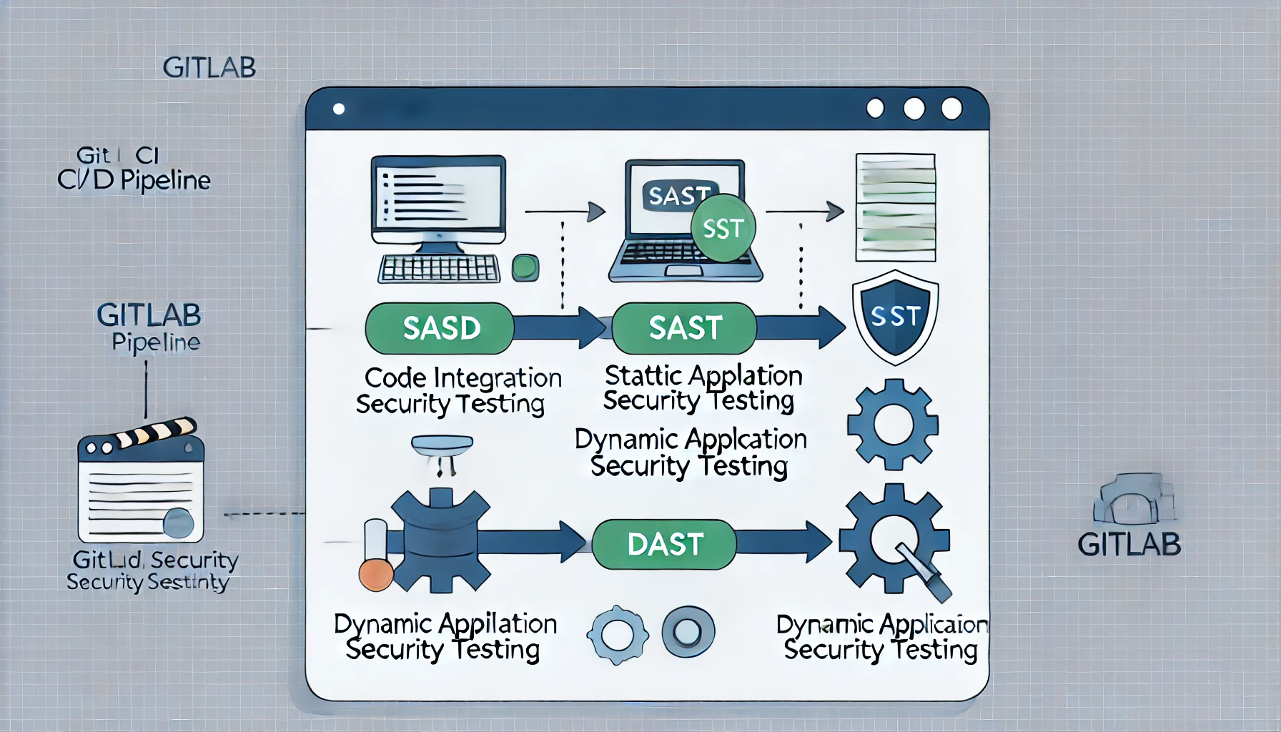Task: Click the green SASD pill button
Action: [x=440, y=328]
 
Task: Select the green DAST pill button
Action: [x=664, y=545]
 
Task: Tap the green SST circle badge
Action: [x=723, y=229]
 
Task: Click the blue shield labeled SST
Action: [x=895, y=316]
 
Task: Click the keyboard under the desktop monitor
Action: [x=438, y=269]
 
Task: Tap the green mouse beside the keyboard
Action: [x=525, y=268]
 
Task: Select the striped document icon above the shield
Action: [x=895, y=207]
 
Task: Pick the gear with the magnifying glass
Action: [x=895, y=540]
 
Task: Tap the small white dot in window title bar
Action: [x=339, y=109]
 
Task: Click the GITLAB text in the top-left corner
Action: [x=209, y=68]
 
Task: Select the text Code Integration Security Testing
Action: [x=457, y=390]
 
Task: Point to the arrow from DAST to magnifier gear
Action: [x=783, y=543]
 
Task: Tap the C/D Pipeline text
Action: [x=134, y=180]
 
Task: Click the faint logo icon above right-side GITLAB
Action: [x=1133, y=498]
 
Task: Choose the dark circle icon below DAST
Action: [x=688, y=632]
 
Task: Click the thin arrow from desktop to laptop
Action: [x=565, y=212]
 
